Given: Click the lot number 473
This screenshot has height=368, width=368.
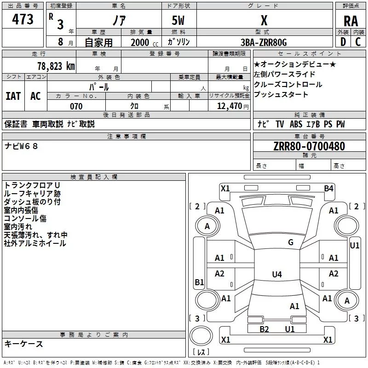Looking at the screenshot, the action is (23, 19).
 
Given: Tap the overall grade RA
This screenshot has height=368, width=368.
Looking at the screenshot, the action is (351, 21).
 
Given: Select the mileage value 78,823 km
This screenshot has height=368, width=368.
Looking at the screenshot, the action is (56, 66).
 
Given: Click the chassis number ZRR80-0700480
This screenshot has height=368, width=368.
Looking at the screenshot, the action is (309, 146).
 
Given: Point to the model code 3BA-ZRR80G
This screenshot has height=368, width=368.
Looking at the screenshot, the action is (264, 42).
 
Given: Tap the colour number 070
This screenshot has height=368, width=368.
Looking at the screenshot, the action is (76, 106).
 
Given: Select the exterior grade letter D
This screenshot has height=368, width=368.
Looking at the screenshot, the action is (343, 42).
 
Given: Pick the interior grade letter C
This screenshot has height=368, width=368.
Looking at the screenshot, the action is (358, 42).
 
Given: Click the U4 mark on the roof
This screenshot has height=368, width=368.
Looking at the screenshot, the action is (277, 274).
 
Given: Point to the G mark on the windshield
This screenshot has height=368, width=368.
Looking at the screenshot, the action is (291, 242).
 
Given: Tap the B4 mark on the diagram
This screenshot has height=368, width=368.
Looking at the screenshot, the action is (328, 188).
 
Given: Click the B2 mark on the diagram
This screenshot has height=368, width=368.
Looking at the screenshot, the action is (264, 329).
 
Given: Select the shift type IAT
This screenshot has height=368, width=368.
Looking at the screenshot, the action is (13, 96).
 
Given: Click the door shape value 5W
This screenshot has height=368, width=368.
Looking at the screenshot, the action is (178, 20).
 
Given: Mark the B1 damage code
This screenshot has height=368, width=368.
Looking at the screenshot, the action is (199, 282).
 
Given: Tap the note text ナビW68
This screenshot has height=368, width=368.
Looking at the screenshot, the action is (21, 146).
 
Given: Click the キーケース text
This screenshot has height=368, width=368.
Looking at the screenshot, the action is (24, 344).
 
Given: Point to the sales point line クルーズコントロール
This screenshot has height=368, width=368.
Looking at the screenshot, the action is (288, 84).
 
